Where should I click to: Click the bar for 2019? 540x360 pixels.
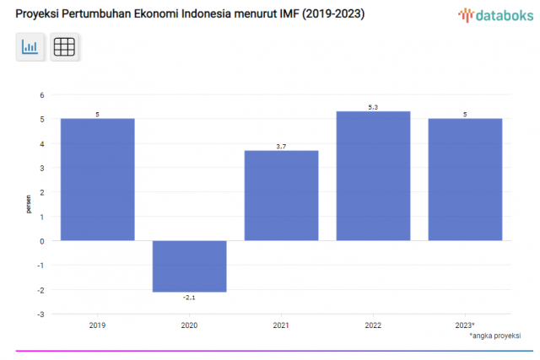(97, 179)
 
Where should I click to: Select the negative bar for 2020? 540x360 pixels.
(189, 266)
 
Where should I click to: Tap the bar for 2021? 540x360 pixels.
(281, 195)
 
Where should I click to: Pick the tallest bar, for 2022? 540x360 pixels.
(373, 175)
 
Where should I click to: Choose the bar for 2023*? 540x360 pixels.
(465, 179)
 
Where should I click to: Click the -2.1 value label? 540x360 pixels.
(189, 298)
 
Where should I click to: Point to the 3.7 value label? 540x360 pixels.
(281, 147)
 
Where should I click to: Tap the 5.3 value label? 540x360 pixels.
(373, 107)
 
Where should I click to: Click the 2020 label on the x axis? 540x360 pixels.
(189, 325)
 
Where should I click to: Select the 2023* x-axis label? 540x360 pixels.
(465, 325)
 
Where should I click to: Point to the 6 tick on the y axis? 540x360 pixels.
(41, 94)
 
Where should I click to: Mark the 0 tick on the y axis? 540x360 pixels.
(41, 241)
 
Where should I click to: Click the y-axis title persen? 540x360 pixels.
(28, 205)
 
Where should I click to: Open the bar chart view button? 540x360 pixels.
(30, 47)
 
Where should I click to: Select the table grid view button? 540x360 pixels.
(64, 47)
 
